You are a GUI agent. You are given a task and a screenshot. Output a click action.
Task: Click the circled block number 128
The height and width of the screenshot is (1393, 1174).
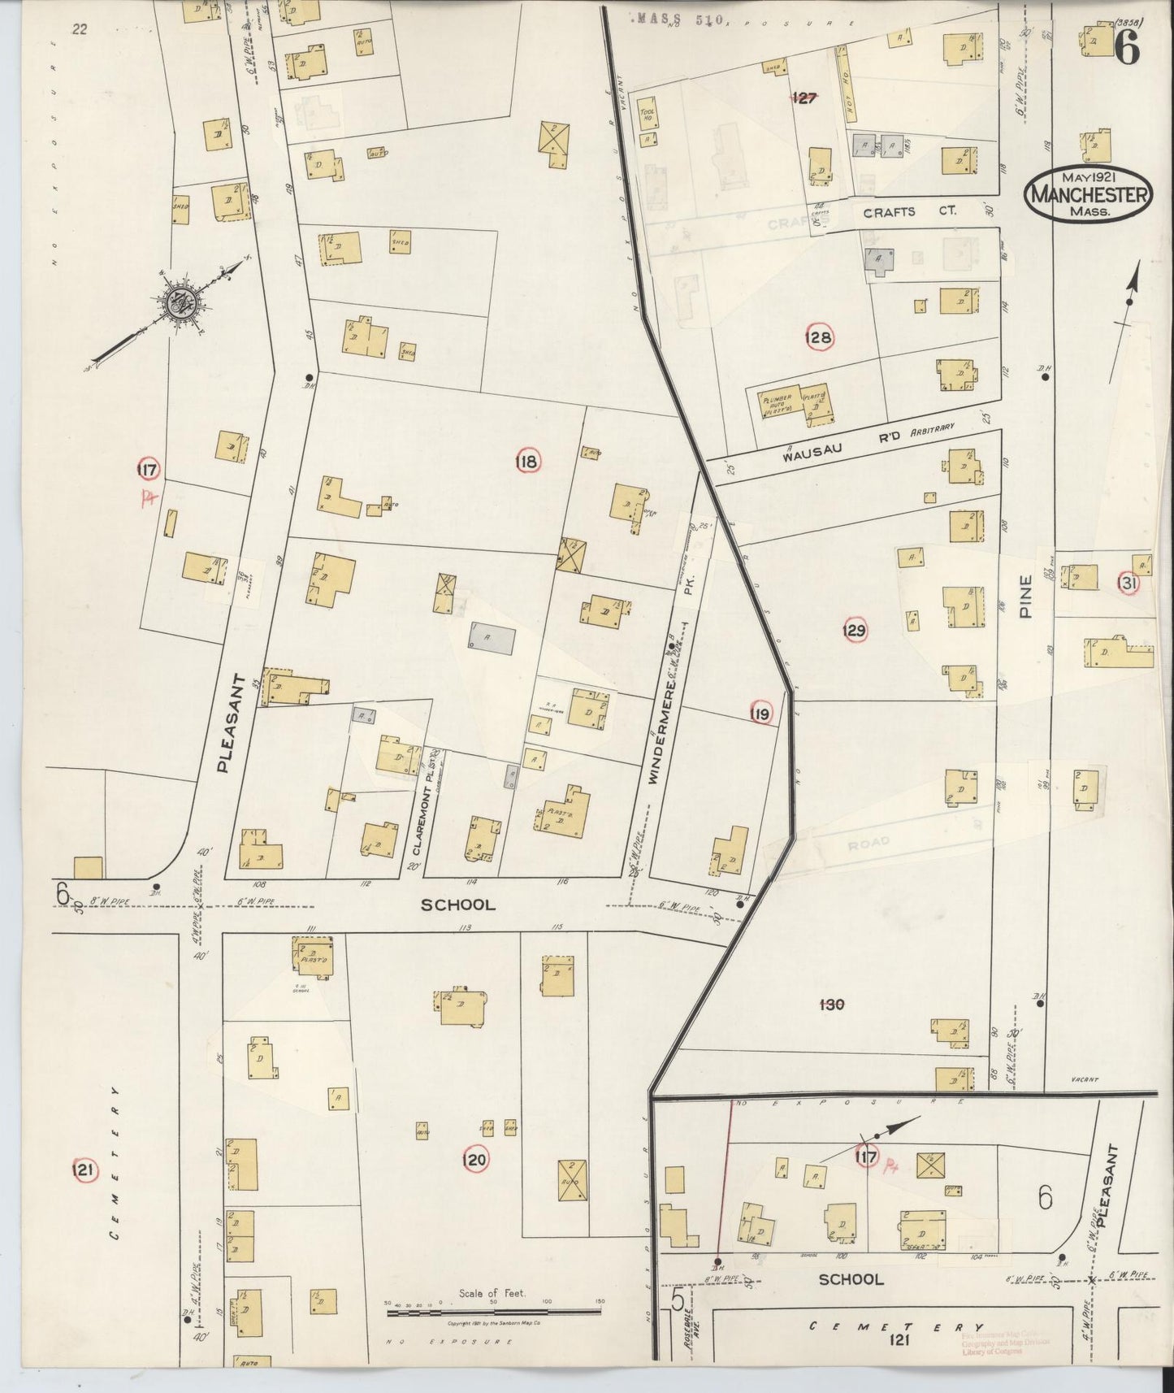tap(818, 338)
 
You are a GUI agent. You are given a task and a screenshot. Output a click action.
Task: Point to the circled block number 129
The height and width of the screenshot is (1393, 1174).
tap(854, 630)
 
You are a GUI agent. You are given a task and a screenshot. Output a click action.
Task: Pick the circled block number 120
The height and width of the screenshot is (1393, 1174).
tap(474, 1160)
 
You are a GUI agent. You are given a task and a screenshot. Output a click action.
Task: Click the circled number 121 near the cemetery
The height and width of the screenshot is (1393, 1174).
tap(84, 1170)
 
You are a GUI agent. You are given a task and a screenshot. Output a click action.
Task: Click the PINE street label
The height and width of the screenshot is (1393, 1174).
tap(1025, 597)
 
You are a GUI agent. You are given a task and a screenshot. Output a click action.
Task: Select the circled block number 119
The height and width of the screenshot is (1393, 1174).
tap(760, 714)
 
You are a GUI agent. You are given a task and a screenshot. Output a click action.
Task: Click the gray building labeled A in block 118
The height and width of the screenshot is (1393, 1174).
tap(491, 640)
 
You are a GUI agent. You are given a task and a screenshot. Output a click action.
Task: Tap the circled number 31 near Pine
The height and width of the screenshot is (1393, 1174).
tap(1128, 584)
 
